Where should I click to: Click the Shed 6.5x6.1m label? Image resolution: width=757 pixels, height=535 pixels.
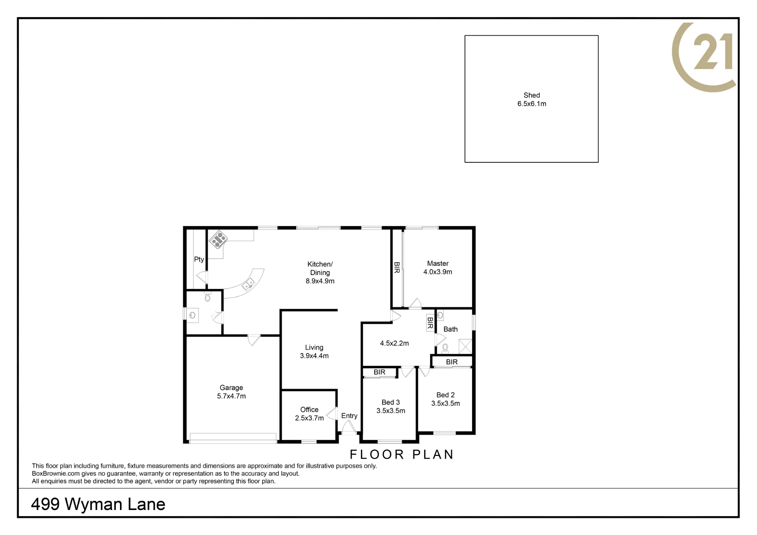tap(532, 100)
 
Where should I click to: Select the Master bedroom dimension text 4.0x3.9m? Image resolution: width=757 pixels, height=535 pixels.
tap(438, 272)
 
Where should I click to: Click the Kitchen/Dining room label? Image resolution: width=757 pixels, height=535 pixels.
tap(320, 268)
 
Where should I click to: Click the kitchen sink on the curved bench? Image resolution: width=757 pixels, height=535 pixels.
tap(248, 283)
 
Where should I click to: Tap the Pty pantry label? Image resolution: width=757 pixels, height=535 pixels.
tap(199, 260)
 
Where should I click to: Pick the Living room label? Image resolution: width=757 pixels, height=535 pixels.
tap(314, 347)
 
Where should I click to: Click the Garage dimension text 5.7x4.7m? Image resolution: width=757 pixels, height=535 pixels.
tap(231, 396)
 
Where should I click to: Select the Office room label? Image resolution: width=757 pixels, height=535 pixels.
tap(309, 409)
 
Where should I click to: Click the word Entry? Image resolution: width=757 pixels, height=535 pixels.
tap(349, 416)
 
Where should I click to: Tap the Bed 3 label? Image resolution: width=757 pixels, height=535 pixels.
tap(391, 402)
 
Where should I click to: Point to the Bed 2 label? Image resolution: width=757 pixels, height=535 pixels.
tap(445, 395)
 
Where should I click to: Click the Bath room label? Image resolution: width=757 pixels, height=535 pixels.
tap(450, 329)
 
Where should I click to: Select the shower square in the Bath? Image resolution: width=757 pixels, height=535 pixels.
tap(465, 347)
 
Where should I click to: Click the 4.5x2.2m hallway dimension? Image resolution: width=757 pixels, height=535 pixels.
tap(394, 343)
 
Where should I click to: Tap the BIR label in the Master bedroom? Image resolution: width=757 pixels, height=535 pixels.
tap(397, 267)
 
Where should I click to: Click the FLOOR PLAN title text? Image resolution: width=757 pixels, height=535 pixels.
tap(402, 454)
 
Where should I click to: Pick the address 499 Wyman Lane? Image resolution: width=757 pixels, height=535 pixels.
tap(98, 504)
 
